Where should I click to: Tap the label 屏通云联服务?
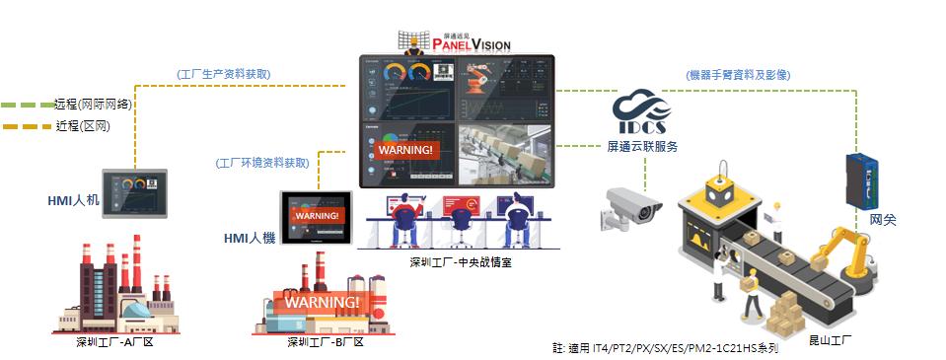point(641,146)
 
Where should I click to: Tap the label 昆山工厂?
point(830,338)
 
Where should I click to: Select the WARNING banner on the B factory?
point(323,301)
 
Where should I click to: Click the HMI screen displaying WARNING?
point(317,215)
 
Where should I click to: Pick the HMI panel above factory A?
point(135,193)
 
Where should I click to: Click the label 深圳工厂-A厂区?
point(116,343)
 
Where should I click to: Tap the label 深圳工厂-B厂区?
point(325,343)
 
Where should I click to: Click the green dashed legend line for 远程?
point(26,104)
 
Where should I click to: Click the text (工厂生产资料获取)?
point(224,75)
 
